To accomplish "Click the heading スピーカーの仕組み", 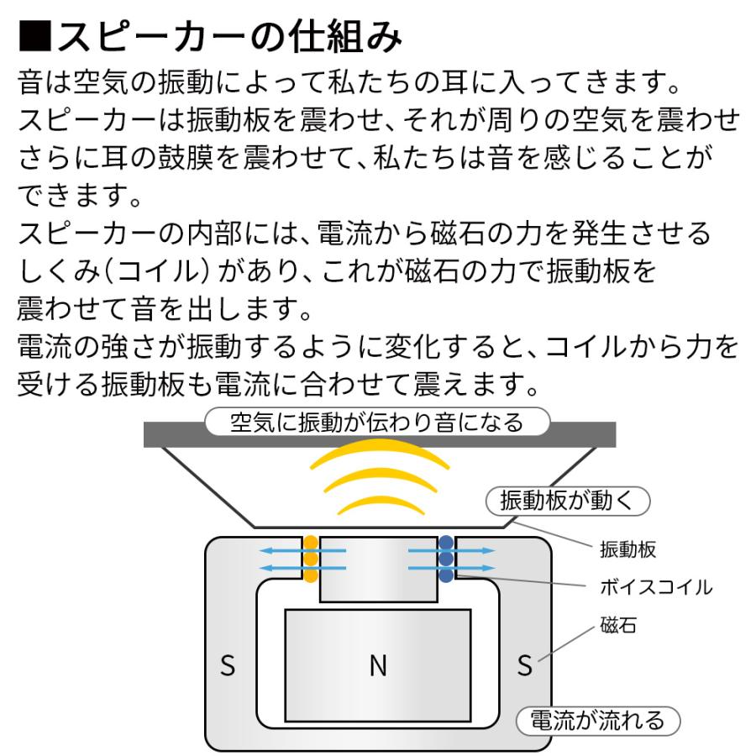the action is pos(227,38).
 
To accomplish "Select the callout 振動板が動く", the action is pos(569,501).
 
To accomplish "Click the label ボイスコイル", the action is pos(656,587).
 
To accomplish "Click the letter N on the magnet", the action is pos(378,666).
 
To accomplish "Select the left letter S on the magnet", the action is pos(228,667).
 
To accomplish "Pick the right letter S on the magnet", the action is pos(525,667).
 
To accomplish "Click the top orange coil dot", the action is pos(311,543).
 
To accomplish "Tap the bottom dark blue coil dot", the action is pos(446,575).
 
